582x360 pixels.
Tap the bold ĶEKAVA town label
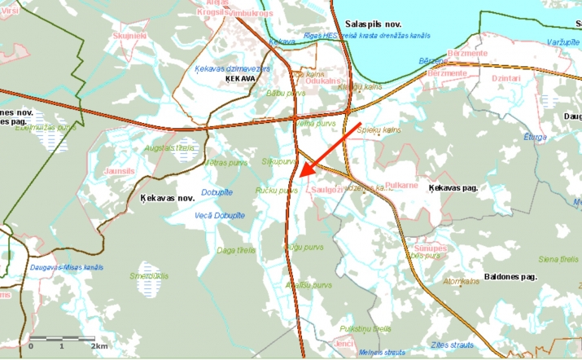point(243,80)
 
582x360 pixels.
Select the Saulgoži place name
point(327,188)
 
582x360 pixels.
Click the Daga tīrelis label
point(236,249)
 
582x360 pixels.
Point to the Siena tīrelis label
point(558,259)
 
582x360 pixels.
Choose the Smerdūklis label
point(148,275)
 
